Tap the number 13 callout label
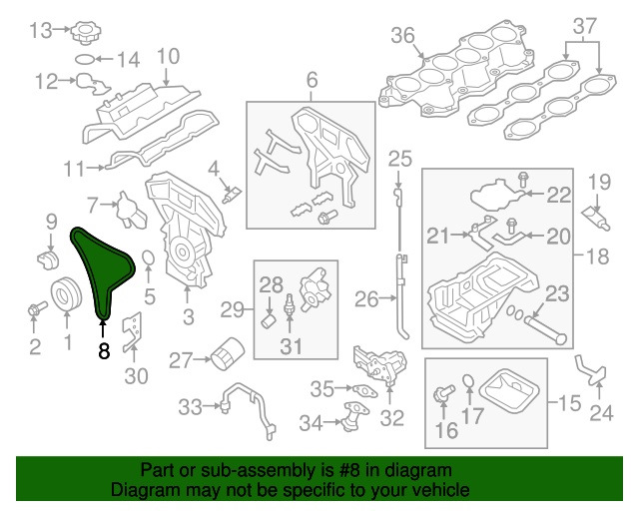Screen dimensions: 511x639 coord(39,30)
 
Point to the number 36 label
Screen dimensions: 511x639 coord(402,36)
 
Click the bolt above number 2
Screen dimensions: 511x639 coord(35,310)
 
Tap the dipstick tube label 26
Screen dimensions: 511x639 coord(366,297)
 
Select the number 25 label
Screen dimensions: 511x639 coord(399,157)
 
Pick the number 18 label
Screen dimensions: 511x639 coord(596,256)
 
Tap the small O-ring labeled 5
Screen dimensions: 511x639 coord(147,261)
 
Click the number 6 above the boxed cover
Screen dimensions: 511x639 coord(311,79)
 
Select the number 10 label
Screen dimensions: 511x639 coord(167,56)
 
